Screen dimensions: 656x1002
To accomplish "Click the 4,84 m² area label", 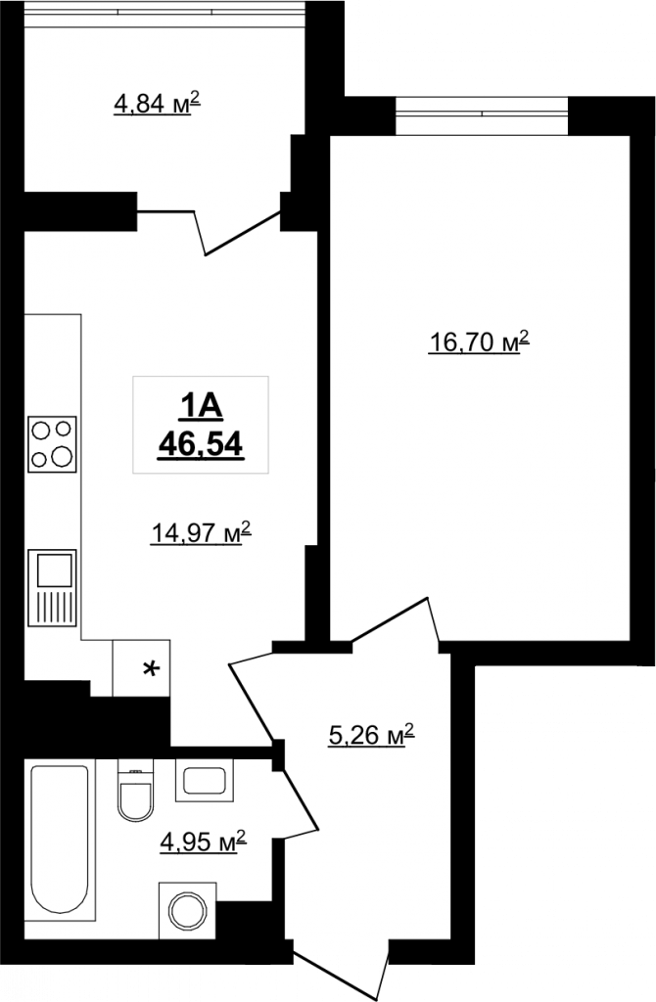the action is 157,102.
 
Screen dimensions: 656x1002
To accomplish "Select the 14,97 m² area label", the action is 201,531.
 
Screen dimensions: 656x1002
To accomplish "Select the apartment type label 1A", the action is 201,407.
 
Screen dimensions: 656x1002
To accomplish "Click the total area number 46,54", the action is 201,443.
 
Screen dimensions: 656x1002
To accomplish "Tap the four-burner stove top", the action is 52,444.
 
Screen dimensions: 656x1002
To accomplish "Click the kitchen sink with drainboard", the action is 52,587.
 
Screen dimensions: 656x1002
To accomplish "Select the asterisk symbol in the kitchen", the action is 150,669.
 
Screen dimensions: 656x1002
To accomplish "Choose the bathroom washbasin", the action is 205,780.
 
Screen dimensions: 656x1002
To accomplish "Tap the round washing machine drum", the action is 187,910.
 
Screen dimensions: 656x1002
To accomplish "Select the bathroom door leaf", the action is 301,798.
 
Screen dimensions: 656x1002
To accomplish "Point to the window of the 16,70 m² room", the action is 482,115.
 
